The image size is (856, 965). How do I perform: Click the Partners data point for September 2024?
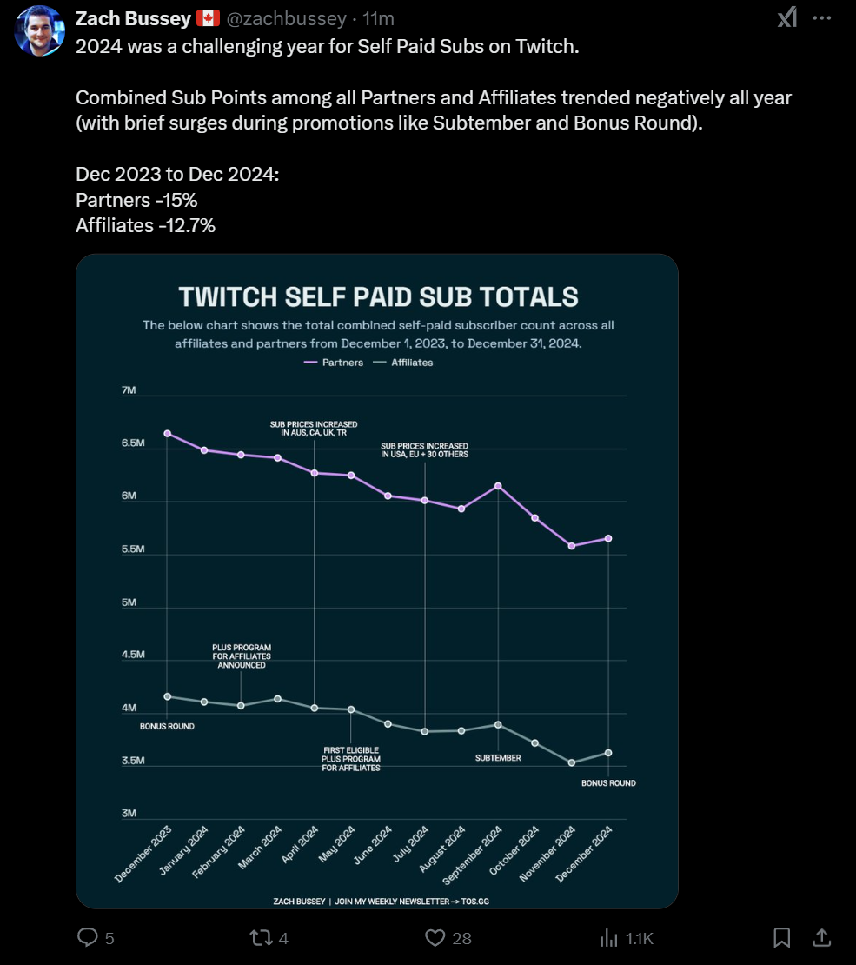tap(498, 486)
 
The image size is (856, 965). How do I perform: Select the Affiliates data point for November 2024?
tap(571, 762)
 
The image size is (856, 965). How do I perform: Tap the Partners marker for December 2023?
tap(167, 433)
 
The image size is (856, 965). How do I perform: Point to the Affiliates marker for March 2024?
tap(277, 699)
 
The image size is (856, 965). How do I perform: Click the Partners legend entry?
tap(334, 363)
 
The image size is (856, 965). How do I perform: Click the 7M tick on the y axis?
tap(129, 390)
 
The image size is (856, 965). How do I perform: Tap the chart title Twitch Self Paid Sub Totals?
tap(378, 296)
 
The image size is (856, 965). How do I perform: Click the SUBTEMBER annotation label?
tap(498, 758)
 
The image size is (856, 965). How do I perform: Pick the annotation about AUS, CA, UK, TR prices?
tap(314, 428)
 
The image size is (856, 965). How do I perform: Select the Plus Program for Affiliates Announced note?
tap(242, 656)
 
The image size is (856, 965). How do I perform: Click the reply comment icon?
tap(88, 937)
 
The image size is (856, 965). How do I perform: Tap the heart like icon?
tap(435, 937)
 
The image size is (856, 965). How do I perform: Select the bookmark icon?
tap(781, 937)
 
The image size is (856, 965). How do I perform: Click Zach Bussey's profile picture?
tap(39, 30)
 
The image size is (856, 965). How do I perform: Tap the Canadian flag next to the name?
tap(208, 18)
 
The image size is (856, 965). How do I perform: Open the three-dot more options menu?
tap(821, 17)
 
